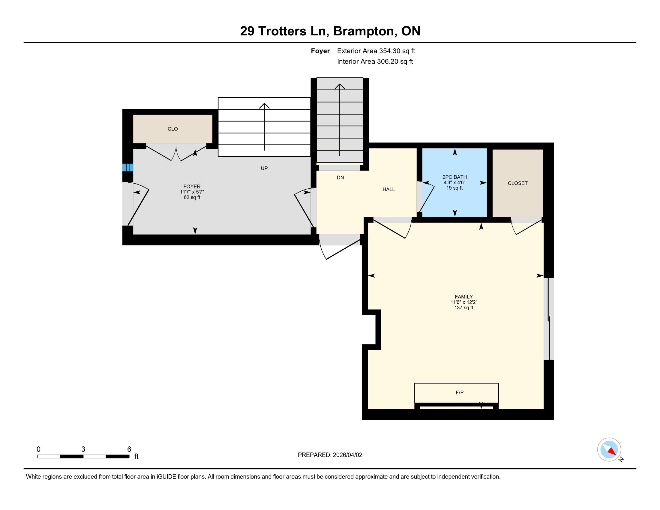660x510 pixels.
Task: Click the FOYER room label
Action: tap(192, 186)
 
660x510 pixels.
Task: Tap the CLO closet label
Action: tap(172, 129)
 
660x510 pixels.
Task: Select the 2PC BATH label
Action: tap(454, 177)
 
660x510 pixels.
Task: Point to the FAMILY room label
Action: tap(463, 297)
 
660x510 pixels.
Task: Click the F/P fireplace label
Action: tap(460, 392)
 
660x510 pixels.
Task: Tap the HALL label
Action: tap(388, 189)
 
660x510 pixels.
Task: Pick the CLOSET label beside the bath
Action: tap(518, 183)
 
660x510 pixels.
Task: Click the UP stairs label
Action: tap(264, 168)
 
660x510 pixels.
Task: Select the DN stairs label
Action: tap(340, 178)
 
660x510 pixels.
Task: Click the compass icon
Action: tap(609, 449)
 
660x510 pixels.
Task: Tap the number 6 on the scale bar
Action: tap(129, 449)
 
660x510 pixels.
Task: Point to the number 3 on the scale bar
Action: tap(83, 449)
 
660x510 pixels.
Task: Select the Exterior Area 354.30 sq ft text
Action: tap(376, 51)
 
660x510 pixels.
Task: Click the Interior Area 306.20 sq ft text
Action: tap(375, 61)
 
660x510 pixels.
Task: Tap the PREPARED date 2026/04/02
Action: tap(347, 455)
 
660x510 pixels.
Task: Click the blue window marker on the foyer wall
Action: tap(127, 167)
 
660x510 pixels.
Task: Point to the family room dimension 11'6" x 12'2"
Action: tap(463, 302)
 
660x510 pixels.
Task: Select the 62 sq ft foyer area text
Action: tap(192, 197)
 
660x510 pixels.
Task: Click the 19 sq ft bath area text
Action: tap(454, 188)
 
